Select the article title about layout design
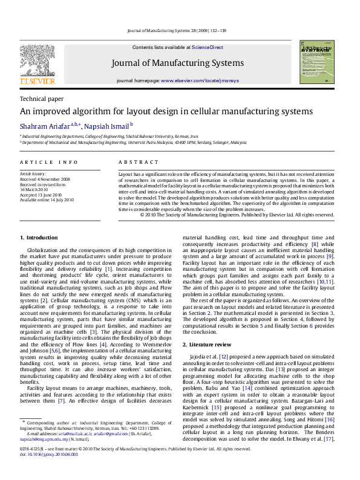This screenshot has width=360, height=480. [159, 112]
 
